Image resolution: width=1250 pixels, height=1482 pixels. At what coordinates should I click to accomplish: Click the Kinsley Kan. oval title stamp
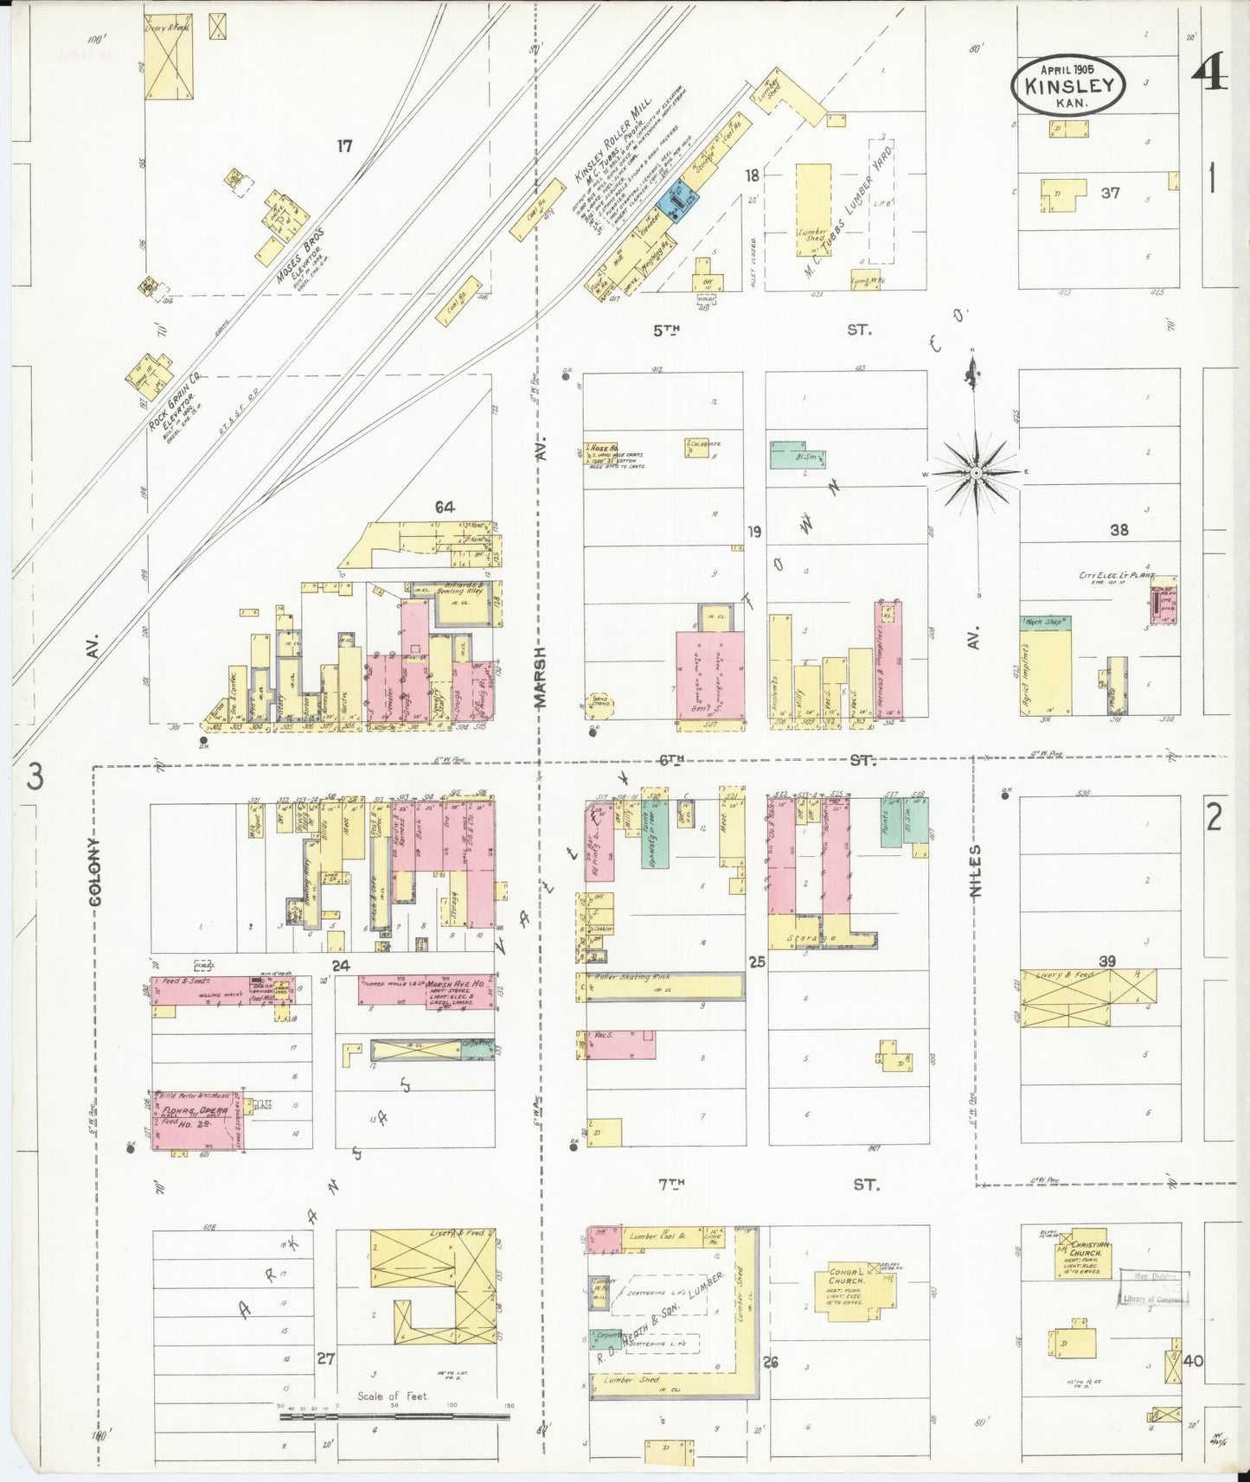[1068, 86]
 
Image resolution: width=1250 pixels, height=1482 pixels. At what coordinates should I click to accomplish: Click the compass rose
[976, 473]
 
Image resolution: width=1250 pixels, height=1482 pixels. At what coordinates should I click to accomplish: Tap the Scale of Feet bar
[394, 1416]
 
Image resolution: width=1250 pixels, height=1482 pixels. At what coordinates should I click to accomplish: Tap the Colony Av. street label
[94, 871]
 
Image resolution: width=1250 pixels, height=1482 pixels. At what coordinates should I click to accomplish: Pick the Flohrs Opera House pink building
[197, 1121]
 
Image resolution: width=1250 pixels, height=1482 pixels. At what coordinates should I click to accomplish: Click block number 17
[344, 146]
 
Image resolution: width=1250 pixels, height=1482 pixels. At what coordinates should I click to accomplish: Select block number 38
[1119, 530]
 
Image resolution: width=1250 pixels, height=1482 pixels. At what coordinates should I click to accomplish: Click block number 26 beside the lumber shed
[770, 1362]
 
